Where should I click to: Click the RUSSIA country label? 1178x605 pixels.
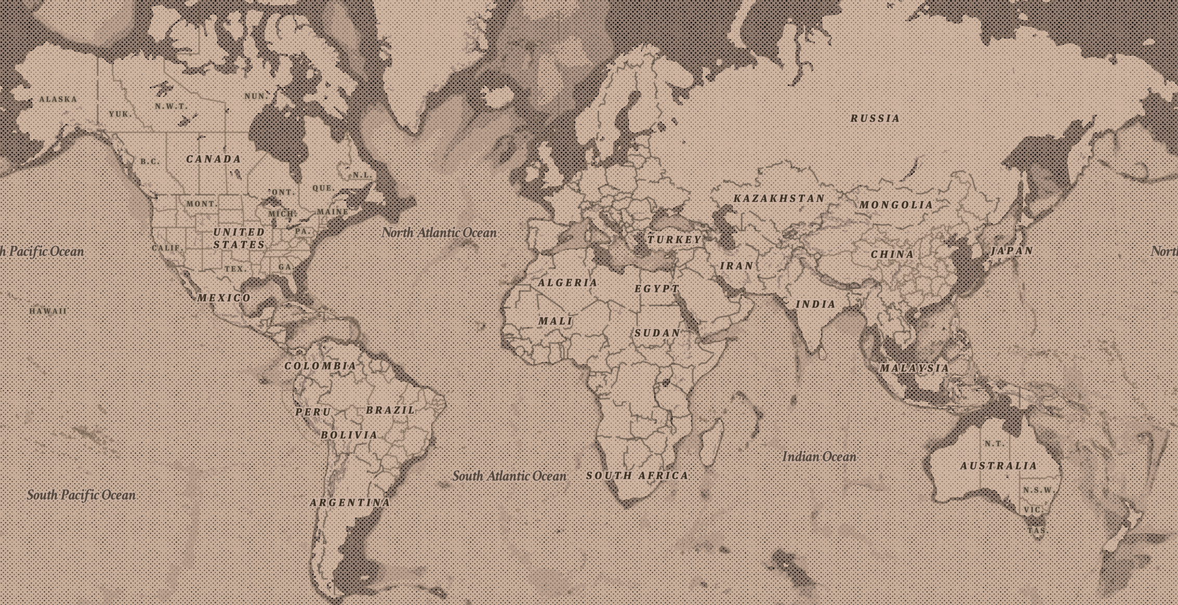pyautogui.click(x=875, y=119)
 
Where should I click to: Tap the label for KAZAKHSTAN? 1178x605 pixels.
pyautogui.click(x=779, y=198)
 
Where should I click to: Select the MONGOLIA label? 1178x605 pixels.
pyautogui.click(x=896, y=205)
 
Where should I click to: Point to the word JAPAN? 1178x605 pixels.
pyautogui.click(x=1011, y=251)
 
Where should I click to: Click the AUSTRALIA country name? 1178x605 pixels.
pyautogui.click(x=998, y=466)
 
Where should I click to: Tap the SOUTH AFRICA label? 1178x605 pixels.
pyautogui.click(x=637, y=475)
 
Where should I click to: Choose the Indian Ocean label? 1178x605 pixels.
pyautogui.click(x=819, y=457)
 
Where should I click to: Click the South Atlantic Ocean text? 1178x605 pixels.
pyautogui.click(x=509, y=476)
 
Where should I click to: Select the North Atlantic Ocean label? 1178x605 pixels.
pyautogui.click(x=439, y=233)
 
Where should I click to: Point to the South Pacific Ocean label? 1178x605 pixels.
pyautogui.click(x=81, y=495)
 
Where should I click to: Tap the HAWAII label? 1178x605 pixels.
pyautogui.click(x=48, y=311)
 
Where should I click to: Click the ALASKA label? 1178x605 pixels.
pyautogui.click(x=58, y=99)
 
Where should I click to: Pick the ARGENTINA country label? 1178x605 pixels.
pyautogui.click(x=350, y=503)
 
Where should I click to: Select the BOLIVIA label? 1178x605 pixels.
pyautogui.click(x=349, y=435)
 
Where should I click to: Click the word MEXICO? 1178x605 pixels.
pyautogui.click(x=224, y=298)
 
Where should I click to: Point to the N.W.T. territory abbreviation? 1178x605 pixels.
pyautogui.click(x=171, y=106)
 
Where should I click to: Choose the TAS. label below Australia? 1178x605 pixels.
pyautogui.click(x=1036, y=531)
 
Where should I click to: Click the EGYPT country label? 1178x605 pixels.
pyautogui.click(x=657, y=288)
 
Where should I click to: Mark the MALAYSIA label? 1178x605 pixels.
pyautogui.click(x=914, y=368)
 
